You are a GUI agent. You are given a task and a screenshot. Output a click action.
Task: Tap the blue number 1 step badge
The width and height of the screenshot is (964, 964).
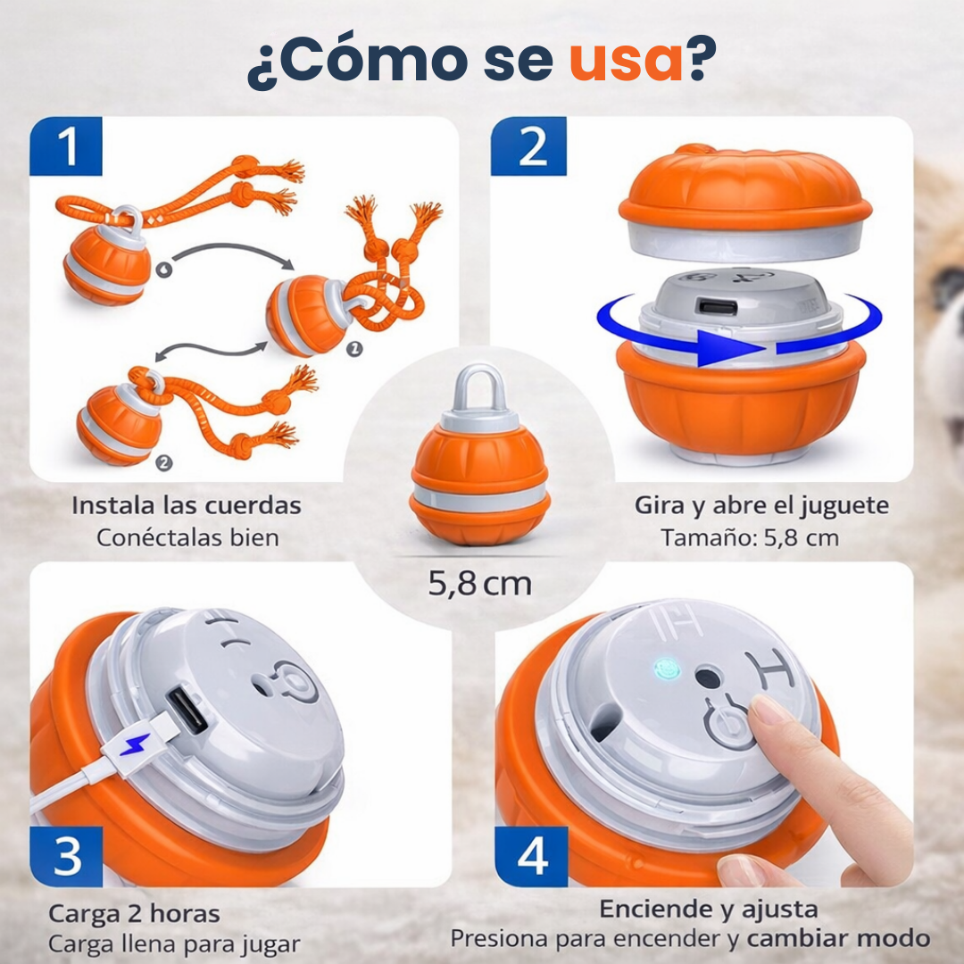click(66, 146)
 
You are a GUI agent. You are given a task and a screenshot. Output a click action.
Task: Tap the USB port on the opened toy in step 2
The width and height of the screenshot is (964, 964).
click(718, 307)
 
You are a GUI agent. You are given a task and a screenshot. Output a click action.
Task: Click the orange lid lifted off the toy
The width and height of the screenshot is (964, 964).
click(744, 192)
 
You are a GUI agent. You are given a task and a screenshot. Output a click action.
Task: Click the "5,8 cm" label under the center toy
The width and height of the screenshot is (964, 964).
click(480, 584)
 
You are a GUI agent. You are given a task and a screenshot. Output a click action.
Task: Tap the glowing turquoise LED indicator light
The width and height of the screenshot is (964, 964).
click(663, 668)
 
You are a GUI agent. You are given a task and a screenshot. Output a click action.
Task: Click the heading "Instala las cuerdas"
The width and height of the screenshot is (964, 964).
click(187, 505)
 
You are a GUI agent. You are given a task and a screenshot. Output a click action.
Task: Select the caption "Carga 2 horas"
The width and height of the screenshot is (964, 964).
click(134, 914)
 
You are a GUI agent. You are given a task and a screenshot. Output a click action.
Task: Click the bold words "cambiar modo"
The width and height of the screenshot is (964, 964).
click(838, 939)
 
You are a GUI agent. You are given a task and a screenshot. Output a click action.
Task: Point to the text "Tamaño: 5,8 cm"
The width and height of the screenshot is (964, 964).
click(749, 538)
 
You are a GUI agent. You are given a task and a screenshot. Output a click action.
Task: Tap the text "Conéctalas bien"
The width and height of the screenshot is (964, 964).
click(187, 538)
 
